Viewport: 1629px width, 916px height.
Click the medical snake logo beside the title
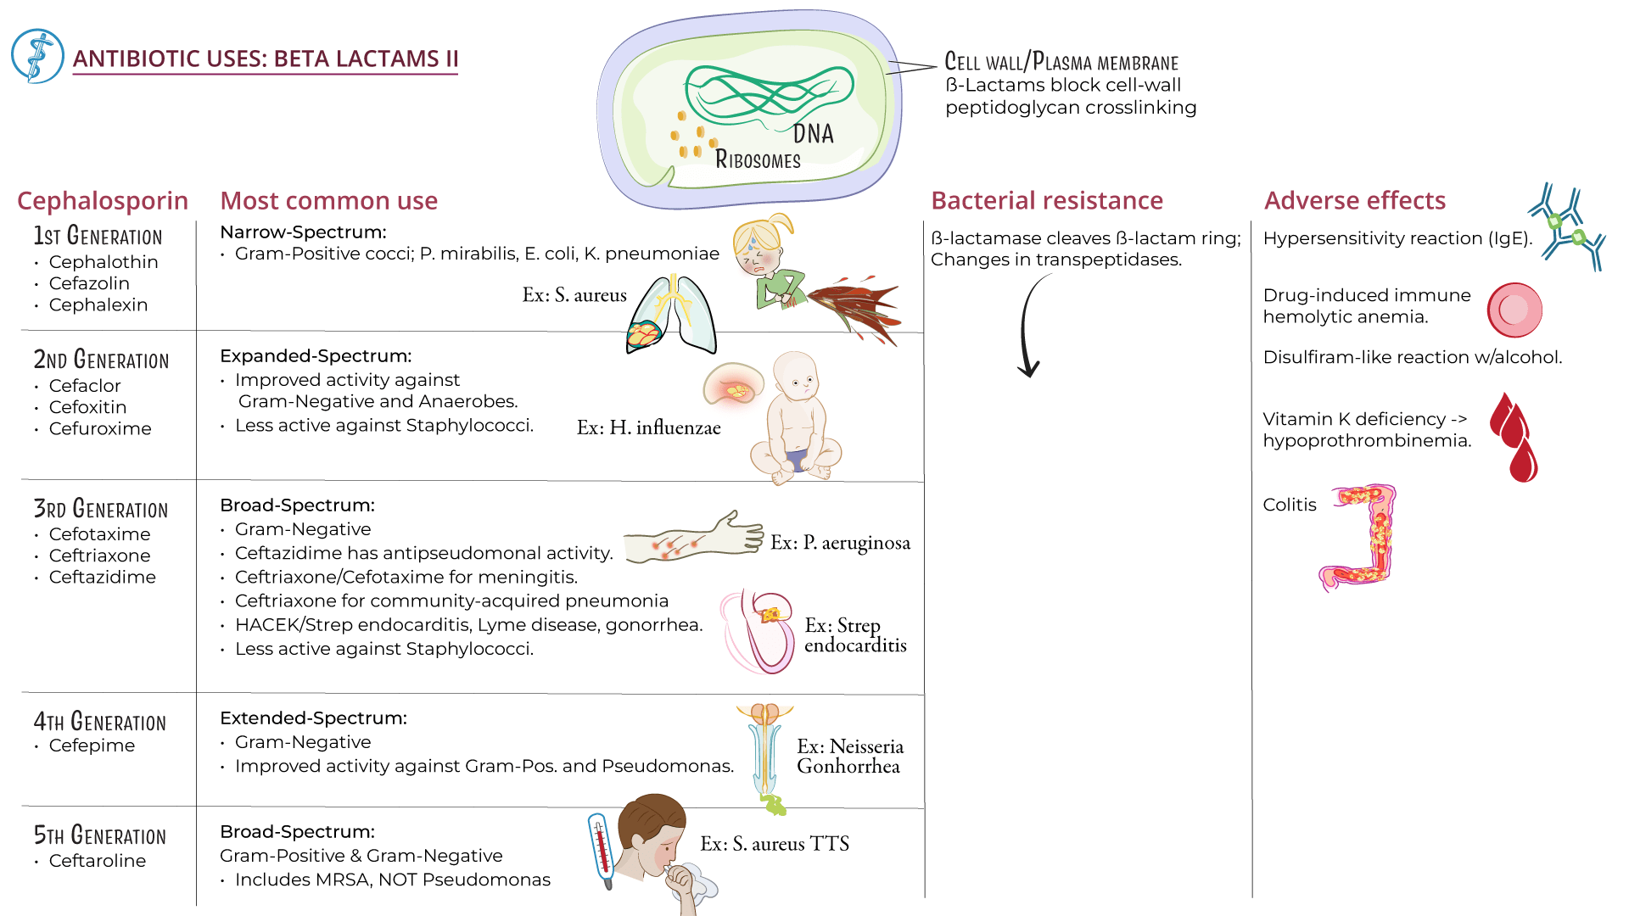pyautogui.click(x=37, y=56)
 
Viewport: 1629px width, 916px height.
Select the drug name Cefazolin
pyautogui.click(x=89, y=283)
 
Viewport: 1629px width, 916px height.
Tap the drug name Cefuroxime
pyautogui.click(x=100, y=428)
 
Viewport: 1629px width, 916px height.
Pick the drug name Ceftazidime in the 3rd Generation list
pyautogui.click(x=102, y=577)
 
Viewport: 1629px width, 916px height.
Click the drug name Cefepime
pyautogui.click(x=92, y=746)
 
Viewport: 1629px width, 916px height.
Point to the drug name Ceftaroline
pyautogui.click(x=97, y=861)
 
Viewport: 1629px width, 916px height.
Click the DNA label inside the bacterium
pyautogui.click(x=813, y=133)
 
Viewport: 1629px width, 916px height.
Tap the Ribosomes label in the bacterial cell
pyautogui.click(x=758, y=159)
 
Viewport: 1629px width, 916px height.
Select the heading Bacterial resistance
pyautogui.click(x=1046, y=200)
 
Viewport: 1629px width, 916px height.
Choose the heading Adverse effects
pyautogui.click(x=1354, y=200)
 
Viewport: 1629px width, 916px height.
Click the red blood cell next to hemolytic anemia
pyautogui.click(x=1514, y=310)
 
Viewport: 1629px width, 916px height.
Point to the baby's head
pyautogui.click(x=796, y=377)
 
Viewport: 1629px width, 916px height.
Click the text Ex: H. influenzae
pyautogui.click(x=648, y=427)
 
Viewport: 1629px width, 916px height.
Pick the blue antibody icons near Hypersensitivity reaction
pyautogui.click(x=1568, y=227)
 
